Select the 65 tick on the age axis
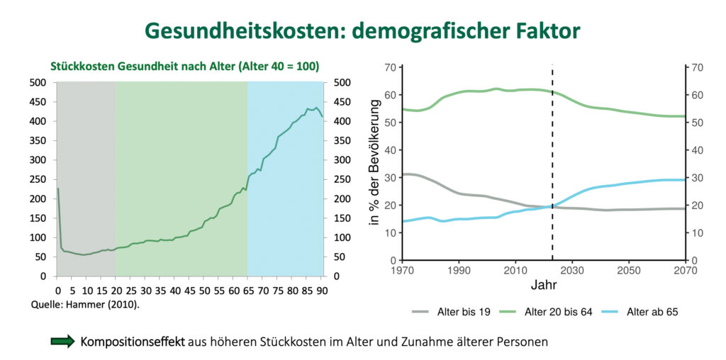point(247,289)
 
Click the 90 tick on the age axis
point(320,289)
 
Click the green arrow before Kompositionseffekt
point(62,341)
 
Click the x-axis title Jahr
point(544,287)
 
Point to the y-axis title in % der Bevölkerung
point(376,164)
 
